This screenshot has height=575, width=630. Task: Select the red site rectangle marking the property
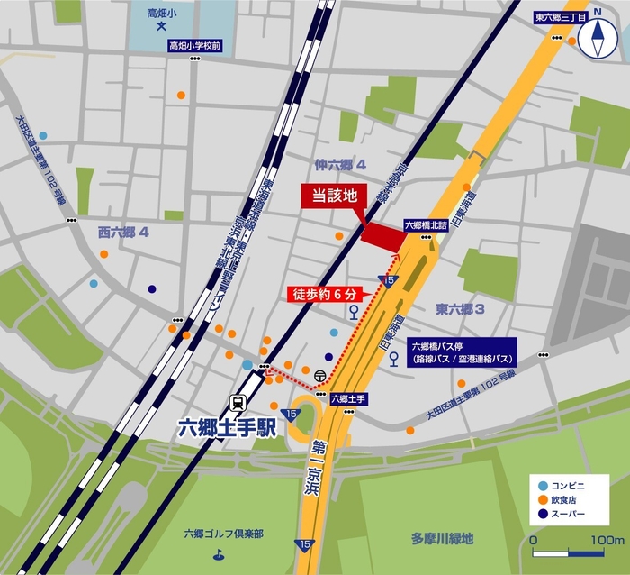(383, 233)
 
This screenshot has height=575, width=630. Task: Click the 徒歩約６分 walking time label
(326, 294)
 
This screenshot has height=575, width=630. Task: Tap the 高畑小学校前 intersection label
(194, 44)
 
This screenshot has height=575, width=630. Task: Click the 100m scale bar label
(607, 539)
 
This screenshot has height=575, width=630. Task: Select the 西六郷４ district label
(123, 232)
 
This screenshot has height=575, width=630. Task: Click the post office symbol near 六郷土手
(320, 374)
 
